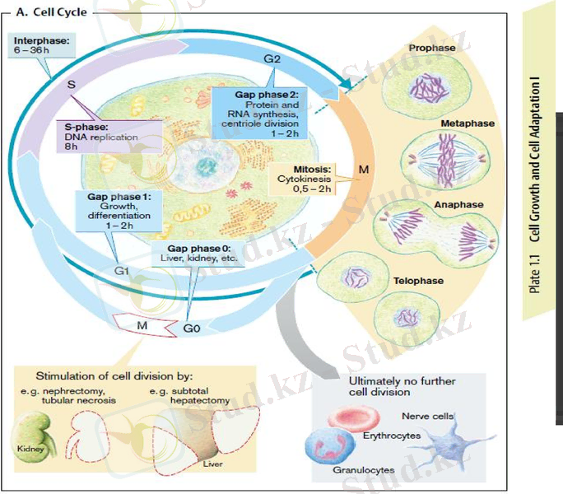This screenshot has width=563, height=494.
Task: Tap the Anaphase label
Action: click(459, 203)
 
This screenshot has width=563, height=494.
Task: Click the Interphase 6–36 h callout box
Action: click(41, 44)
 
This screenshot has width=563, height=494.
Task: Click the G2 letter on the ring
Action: click(272, 60)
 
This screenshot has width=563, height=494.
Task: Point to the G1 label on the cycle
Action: click(122, 270)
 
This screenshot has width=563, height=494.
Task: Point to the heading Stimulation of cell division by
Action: click(114, 375)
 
